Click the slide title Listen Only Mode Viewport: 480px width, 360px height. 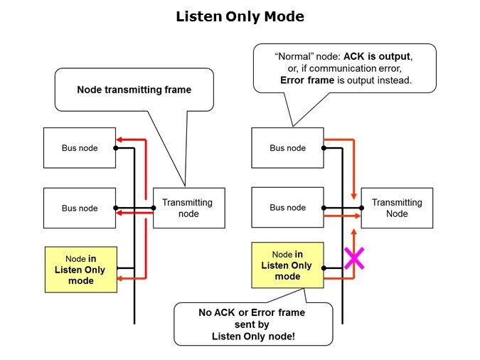tap(239, 16)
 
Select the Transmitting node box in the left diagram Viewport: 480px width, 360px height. tap(188, 208)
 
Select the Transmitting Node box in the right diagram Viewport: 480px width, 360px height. tap(397, 208)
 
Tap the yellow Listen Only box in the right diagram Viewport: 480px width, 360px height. tap(287, 265)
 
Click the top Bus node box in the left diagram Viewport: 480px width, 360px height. tap(80, 147)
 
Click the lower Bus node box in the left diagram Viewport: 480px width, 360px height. tap(80, 208)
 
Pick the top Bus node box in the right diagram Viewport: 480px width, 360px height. tap(287, 147)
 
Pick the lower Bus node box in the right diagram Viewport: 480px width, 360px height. tap(287, 208)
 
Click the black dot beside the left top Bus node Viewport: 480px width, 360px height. tap(117, 148)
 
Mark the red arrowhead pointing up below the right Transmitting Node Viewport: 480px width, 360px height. tap(353, 233)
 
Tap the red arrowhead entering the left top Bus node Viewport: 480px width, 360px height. tap(120, 139)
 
